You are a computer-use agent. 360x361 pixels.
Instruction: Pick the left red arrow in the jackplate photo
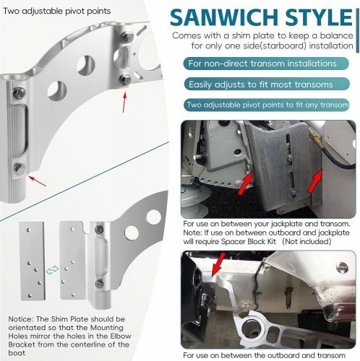tap(246, 177)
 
